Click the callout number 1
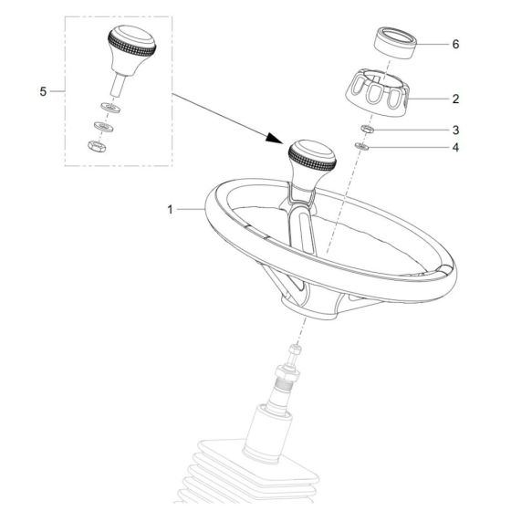coord(170,209)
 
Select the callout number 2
coord(455,98)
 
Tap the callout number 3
coord(455,130)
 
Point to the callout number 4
coord(455,147)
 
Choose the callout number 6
coord(455,43)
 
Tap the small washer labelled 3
coord(364,130)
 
